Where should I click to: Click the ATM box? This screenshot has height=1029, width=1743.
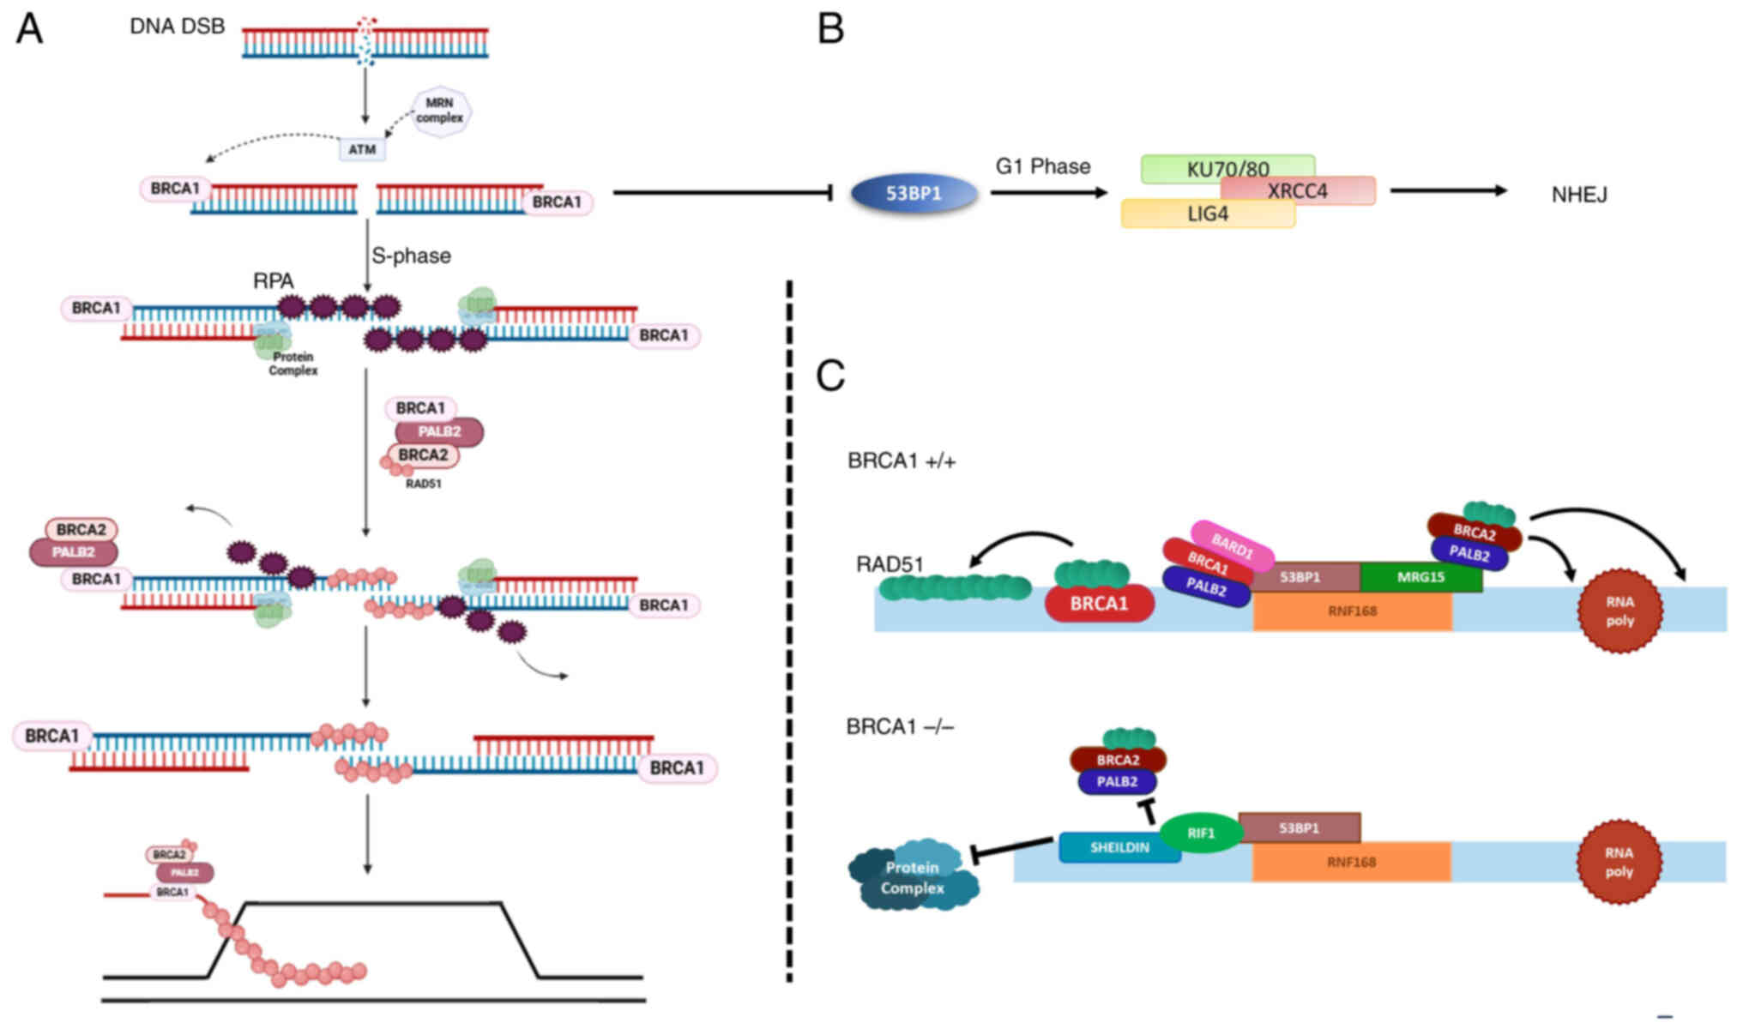point(361,149)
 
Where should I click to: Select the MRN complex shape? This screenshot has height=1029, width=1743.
point(440,111)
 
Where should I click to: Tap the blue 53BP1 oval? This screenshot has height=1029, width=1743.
point(914,194)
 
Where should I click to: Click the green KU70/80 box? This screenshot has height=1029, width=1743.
point(1227,168)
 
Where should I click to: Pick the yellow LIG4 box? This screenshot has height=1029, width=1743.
point(1207,214)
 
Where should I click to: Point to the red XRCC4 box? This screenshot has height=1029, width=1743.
point(1298,190)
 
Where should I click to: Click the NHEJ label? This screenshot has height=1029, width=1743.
point(1579,195)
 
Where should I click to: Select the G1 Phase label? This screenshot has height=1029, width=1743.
point(1042,166)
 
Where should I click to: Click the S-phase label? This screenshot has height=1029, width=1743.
point(411,256)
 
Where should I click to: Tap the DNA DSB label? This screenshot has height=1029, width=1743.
point(177,27)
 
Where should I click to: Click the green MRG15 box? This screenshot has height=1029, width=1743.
point(1420,577)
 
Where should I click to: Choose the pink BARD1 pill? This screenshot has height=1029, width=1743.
point(1232,546)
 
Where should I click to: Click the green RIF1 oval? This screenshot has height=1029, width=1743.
point(1201,833)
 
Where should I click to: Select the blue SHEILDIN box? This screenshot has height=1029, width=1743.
point(1119,847)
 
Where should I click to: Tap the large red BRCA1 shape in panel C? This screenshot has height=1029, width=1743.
point(1099,604)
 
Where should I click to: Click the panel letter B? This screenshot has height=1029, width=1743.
point(830,29)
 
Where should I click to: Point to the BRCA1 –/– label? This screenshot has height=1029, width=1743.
point(900,727)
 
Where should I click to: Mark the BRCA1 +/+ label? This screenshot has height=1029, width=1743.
point(901,461)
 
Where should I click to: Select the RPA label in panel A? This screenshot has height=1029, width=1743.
point(273,280)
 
